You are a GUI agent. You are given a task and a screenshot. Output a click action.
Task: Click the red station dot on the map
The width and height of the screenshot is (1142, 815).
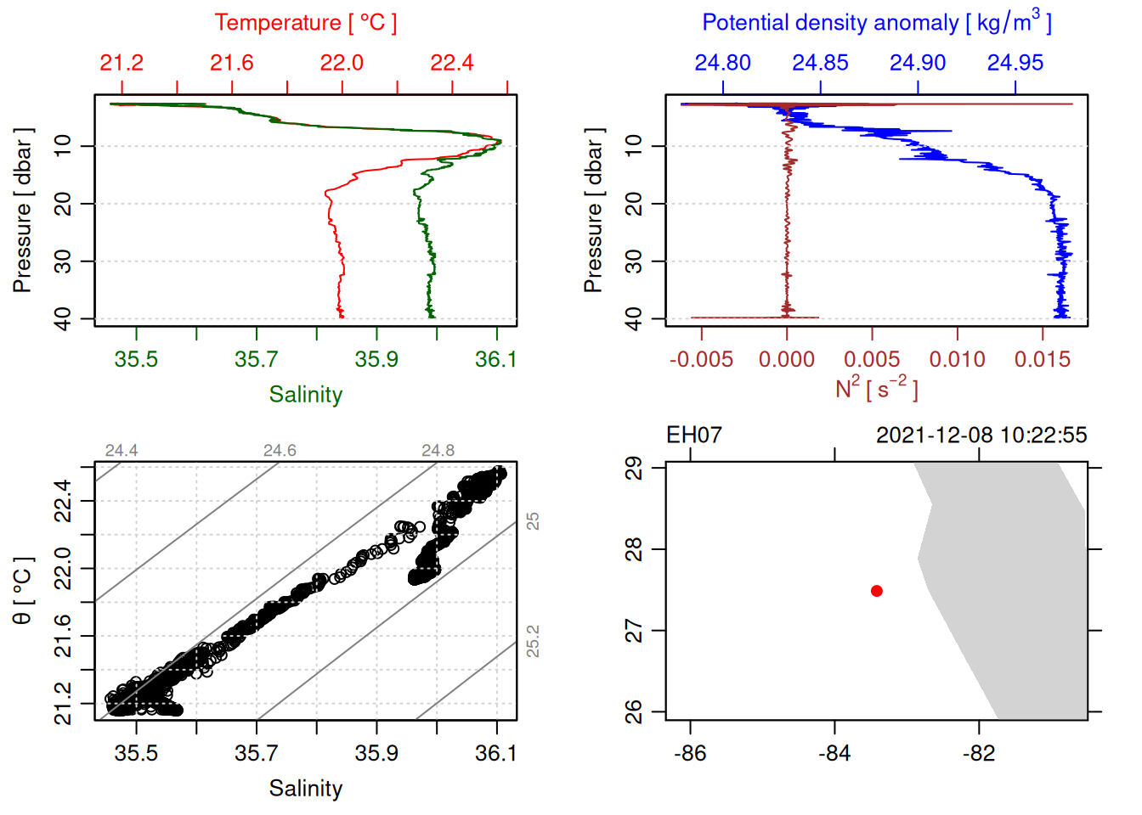coord(877,591)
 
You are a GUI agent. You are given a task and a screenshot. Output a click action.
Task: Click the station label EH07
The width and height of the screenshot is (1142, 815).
coord(693,436)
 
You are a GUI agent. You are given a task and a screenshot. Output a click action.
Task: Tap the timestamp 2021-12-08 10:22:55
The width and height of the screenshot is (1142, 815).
coord(981,436)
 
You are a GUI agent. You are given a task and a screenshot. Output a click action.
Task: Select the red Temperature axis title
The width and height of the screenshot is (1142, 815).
coord(306,23)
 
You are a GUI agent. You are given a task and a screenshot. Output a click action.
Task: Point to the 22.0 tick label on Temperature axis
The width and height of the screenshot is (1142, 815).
coord(342,63)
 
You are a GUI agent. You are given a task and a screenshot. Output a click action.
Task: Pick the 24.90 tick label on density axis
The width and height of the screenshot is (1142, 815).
coord(918,63)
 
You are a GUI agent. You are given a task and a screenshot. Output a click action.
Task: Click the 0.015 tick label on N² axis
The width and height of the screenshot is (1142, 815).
coord(1043,359)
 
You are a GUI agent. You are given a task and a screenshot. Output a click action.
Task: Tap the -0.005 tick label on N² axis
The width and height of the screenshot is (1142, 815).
coord(701,359)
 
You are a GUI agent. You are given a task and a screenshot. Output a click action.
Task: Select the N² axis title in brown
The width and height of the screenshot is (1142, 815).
coord(877,389)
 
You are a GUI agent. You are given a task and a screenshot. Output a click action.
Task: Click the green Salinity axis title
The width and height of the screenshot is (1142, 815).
coord(306,395)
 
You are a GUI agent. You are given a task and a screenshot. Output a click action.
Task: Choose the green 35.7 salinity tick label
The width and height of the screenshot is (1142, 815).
coord(257,359)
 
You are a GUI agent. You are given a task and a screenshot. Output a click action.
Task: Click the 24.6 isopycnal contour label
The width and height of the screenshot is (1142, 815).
coord(280,451)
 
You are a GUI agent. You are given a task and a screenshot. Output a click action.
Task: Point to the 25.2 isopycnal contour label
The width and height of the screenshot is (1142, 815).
coord(533,641)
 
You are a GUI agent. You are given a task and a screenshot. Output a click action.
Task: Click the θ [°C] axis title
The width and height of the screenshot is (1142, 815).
coord(22,590)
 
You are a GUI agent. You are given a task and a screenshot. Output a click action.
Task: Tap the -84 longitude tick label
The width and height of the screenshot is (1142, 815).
coord(834,753)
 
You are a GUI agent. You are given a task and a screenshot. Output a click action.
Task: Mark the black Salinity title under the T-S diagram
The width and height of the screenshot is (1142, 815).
coord(306,789)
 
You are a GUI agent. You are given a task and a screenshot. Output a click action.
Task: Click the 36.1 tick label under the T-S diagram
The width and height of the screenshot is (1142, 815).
coord(496,753)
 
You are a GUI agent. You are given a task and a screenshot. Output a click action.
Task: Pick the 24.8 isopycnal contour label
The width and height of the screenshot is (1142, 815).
coord(438,451)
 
